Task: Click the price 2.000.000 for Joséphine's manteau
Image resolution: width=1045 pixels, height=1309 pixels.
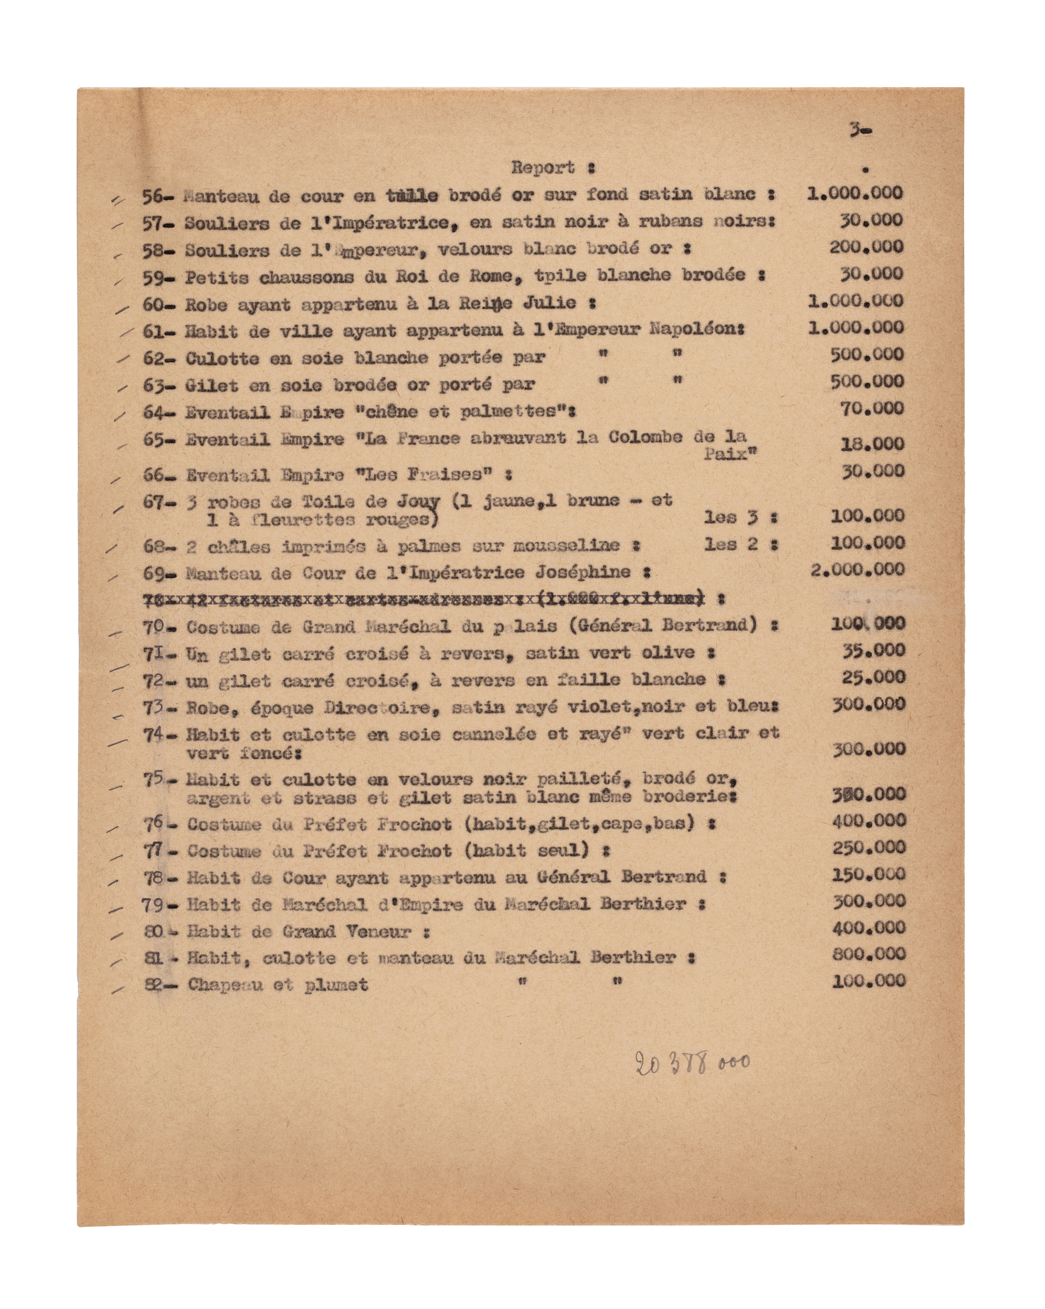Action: [x=857, y=569]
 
